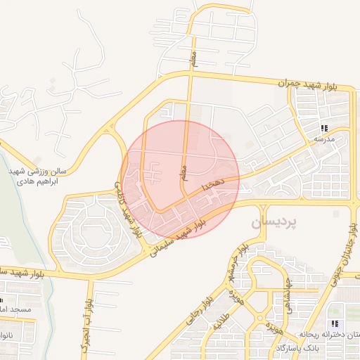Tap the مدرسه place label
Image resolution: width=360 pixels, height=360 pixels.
pyautogui.click(x=323, y=139)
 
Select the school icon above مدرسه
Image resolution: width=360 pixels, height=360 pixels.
pyautogui.click(x=324, y=128)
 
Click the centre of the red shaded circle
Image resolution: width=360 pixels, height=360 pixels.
pyautogui.click(x=180, y=179)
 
